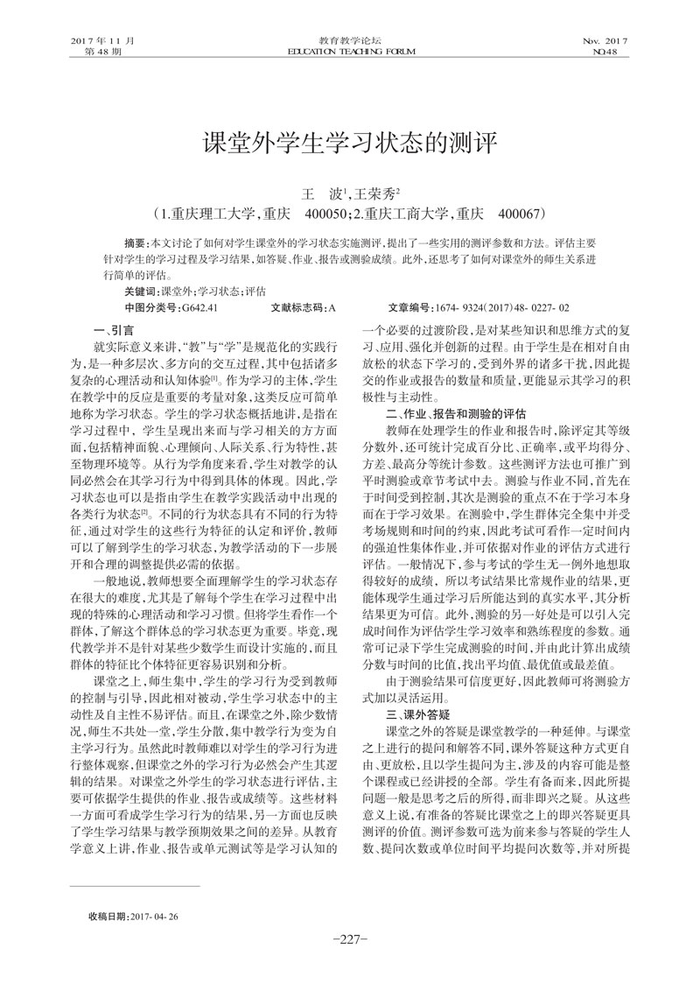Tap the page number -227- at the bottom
pyautogui.click(x=350, y=939)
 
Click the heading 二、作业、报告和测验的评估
pyautogui.click(x=456, y=410)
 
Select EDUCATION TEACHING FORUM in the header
pyautogui.click(x=350, y=53)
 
